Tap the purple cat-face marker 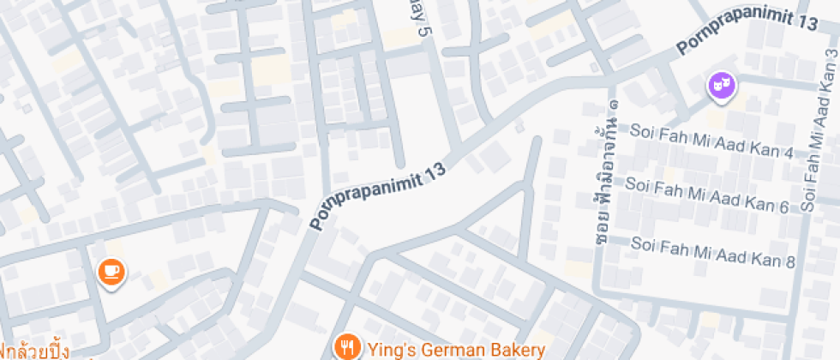pyautogui.click(x=722, y=85)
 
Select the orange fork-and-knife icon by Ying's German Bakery pyautogui.click(x=346, y=348)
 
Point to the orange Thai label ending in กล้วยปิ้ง pyautogui.click(x=34, y=350)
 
